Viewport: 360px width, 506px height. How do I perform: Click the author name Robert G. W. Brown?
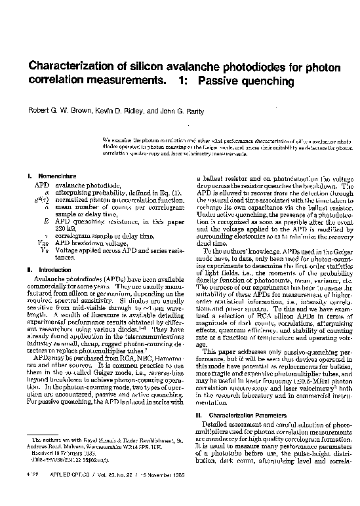[54, 103]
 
